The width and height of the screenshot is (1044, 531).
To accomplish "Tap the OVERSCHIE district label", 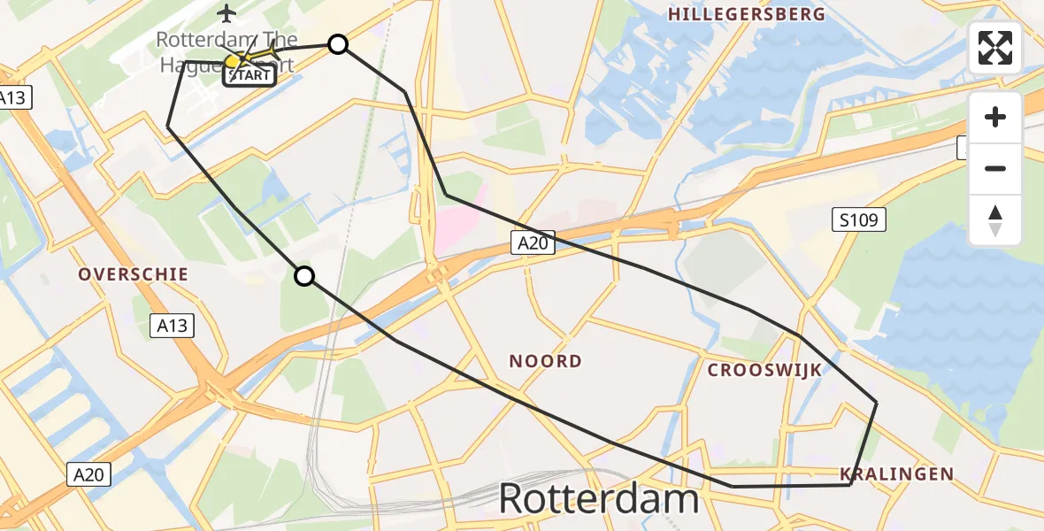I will [x=134, y=274].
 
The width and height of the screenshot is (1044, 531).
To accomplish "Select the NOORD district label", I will [x=546, y=361].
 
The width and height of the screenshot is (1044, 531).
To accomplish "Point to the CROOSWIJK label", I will [x=764, y=370].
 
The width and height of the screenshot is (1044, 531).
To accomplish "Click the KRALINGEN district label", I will [x=897, y=474].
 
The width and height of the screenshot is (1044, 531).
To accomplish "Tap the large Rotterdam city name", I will [x=599, y=500].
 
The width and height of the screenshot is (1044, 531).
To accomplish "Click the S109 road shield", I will [x=859, y=219].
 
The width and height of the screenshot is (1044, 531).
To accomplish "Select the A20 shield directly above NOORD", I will [x=532, y=242].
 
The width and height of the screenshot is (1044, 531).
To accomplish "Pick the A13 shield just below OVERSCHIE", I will [x=172, y=326].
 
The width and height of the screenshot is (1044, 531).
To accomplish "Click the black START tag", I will [x=249, y=75].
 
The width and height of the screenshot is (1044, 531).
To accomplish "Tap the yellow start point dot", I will [x=233, y=61].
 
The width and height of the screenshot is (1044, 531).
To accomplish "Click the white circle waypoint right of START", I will [x=337, y=44].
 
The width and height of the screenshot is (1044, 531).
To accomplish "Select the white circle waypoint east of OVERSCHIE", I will [x=303, y=276].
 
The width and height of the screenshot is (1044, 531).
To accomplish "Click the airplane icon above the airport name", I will [x=227, y=13].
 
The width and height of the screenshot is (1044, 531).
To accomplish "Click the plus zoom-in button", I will [x=995, y=117].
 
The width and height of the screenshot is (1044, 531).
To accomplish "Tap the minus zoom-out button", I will [x=995, y=169].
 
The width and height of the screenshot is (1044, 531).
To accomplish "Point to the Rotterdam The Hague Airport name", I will [x=226, y=51].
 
